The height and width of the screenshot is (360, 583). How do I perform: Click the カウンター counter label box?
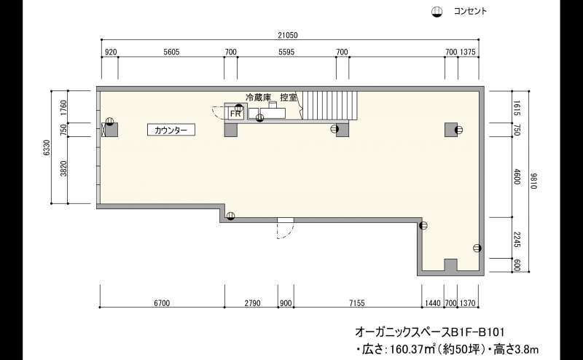171,130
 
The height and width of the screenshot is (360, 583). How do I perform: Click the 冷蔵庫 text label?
258,98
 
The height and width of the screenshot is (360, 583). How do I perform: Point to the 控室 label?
289,98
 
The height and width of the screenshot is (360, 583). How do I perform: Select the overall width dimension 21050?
288,35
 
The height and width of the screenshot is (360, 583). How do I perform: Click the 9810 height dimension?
534,181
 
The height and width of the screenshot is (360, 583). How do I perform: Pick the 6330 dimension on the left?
47,148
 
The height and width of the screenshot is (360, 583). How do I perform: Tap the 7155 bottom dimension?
357,303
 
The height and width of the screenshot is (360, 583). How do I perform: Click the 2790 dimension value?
252,303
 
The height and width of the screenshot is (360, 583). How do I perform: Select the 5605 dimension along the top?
171,52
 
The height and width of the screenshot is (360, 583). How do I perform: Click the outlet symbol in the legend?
437,12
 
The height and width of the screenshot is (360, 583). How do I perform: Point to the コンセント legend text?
470,11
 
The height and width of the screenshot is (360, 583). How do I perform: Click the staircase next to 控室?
330,106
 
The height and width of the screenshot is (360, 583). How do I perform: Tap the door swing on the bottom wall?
285,229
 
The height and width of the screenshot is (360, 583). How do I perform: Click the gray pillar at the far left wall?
111,130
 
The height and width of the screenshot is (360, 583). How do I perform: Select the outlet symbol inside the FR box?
239,107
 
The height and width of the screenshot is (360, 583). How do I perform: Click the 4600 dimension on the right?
517,177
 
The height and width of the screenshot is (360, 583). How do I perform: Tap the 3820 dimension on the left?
64,168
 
